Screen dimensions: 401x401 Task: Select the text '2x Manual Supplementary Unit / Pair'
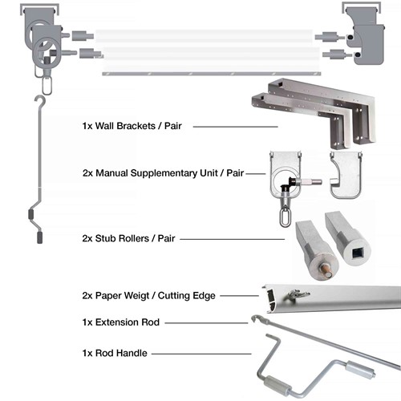click(x=163, y=172)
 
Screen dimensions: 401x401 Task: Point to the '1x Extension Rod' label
click(x=120, y=322)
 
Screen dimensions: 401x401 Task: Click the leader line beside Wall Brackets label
click(x=234, y=127)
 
